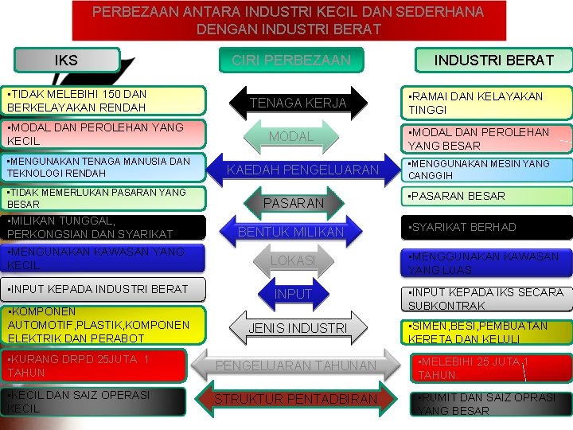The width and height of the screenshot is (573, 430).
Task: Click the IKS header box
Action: point(67,60)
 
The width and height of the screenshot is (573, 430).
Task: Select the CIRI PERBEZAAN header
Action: point(290,61)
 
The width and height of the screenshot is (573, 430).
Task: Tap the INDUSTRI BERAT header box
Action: point(493,60)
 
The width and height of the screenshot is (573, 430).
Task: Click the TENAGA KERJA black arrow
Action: point(298,103)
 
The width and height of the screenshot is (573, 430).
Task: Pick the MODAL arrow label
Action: point(290,136)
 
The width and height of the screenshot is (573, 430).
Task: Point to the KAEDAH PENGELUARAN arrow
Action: point(303,170)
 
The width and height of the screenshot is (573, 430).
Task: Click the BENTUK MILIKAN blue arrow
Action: point(291,232)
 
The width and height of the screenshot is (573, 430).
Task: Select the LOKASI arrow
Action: point(293,260)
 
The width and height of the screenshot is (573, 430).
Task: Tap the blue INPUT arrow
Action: point(293,294)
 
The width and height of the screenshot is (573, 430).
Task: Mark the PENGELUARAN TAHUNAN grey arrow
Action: point(296,365)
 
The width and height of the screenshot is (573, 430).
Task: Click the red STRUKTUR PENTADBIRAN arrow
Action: point(296,398)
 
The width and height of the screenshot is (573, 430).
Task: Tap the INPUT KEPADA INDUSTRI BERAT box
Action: point(103,289)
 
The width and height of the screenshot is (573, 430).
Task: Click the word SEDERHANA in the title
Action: point(437,12)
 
